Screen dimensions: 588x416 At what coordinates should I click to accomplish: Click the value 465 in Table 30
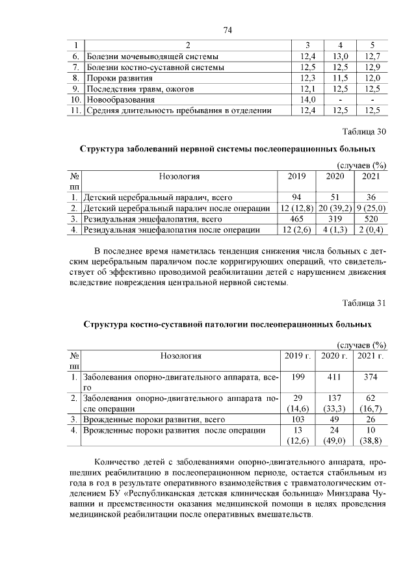click(296, 219)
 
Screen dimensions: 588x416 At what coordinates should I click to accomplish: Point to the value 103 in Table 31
click(298, 419)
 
